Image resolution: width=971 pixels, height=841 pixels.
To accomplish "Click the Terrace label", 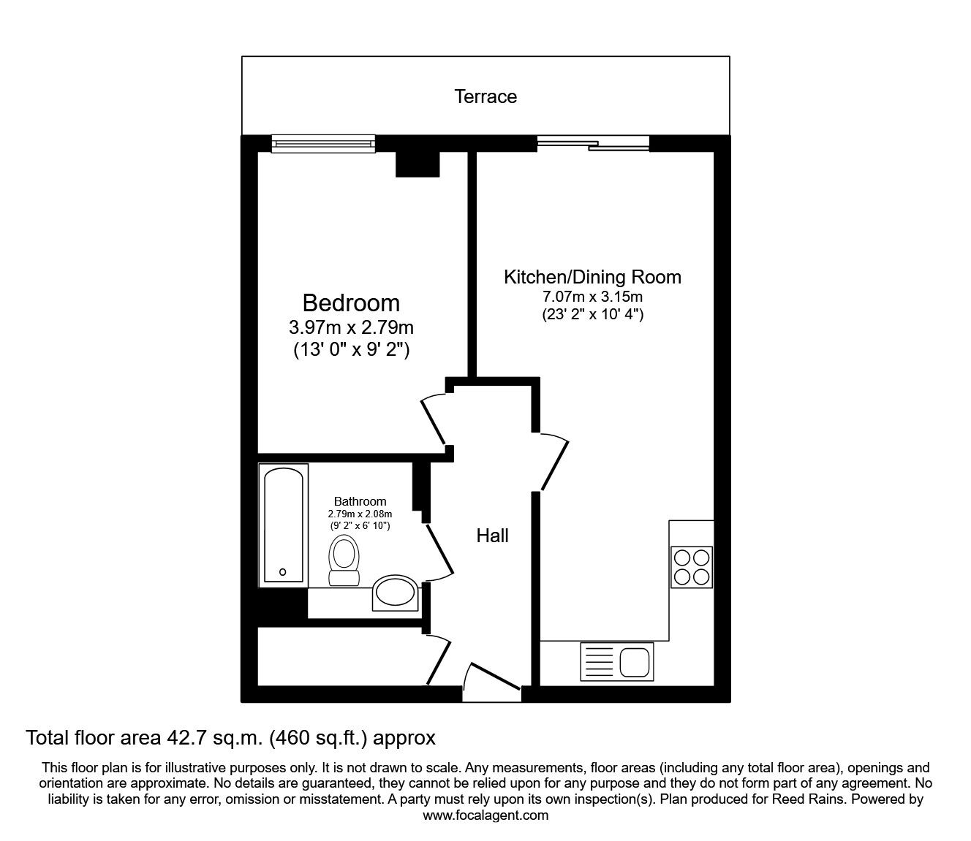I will (x=485, y=96).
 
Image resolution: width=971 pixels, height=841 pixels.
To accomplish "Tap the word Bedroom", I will (x=351, y=302).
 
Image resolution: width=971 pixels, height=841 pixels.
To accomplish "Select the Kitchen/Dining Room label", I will (x=592, y=277).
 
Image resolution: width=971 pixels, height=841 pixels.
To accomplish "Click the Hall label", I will (x=492, y=536).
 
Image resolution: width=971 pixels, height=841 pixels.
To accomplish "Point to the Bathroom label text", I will (x=360, y=501).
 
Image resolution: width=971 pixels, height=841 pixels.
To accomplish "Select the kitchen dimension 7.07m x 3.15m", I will (x=592, y=297).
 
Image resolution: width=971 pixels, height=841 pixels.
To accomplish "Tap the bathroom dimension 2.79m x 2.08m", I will (x=359, y=514).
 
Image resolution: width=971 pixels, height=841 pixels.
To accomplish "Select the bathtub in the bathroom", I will (x=282, y=526).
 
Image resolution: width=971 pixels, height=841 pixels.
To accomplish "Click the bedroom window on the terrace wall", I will (x=322, y=143).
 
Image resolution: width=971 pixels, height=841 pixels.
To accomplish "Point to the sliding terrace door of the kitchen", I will (x=593, y=144).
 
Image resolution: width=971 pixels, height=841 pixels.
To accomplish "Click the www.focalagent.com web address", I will (x=485, y=815).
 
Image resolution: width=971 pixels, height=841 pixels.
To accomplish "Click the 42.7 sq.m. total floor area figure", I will (x=212, y=738).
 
